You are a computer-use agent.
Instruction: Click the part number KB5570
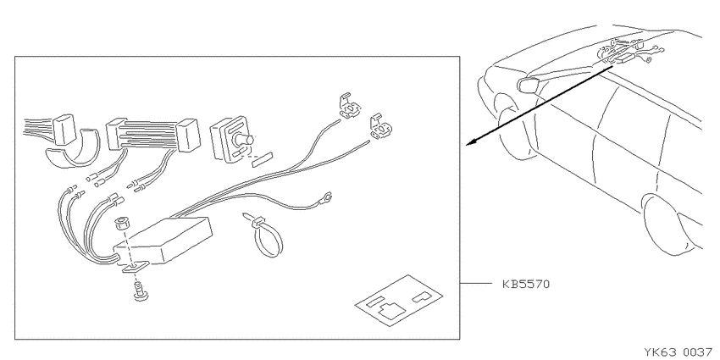tap(526, 284)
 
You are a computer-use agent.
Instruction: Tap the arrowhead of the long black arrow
tap(472, 142)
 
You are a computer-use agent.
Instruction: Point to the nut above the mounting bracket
tap(122, 224)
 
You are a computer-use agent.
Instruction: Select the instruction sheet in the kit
tap(399, 301)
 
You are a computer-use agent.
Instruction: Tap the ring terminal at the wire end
tap(327, 198)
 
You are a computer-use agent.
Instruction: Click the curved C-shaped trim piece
tap(73, 150)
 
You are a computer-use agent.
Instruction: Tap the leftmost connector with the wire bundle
tap(64, 130)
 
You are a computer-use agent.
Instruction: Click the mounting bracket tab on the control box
tap(135, 267)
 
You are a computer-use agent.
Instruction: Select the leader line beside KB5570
tap(476, 284)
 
